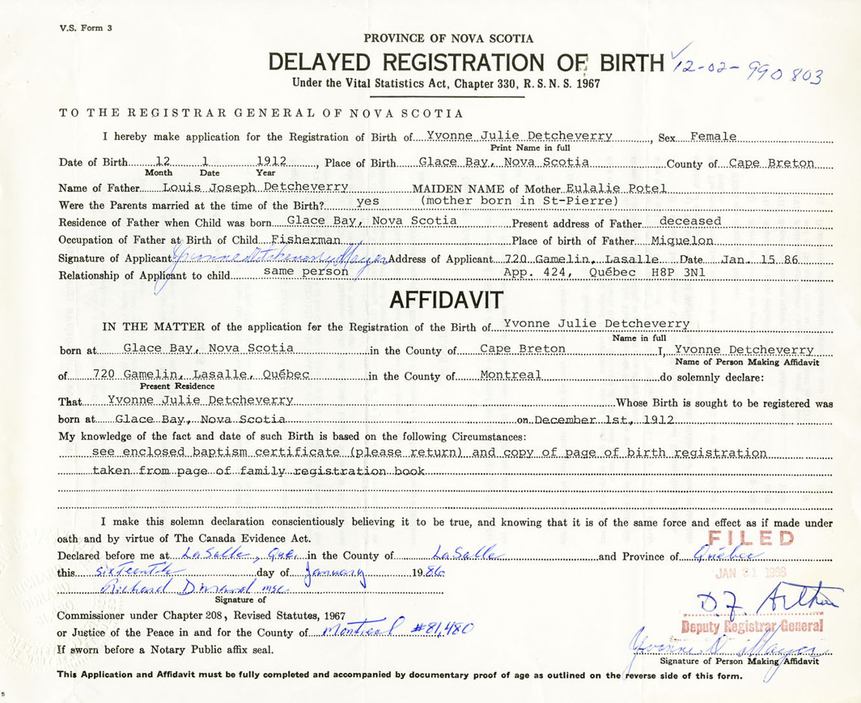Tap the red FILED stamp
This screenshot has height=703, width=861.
751,539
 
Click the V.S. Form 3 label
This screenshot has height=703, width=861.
86,28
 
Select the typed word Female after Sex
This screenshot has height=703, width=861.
712,137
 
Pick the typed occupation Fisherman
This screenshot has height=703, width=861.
309,240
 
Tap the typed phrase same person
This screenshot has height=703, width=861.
305,272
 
